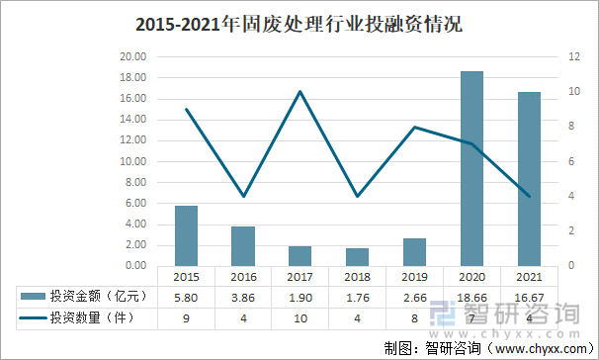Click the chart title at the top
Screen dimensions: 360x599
[x=299, y=23]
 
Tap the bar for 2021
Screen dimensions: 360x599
[x=529, y=178]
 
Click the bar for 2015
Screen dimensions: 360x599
[x=186, y=235]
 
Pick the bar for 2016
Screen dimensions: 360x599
[x=243, y=245]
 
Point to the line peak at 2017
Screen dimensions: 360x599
[x=299, y=92]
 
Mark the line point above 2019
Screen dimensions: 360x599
[x=415, y=127]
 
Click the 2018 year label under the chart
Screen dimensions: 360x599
[x=357, y=278]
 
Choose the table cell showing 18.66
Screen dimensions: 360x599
[x=472, y=296]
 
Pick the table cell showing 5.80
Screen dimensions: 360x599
[x=186, y=296]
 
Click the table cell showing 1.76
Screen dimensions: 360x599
[x=357, y=296]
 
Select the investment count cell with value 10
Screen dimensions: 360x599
[x=299, y=317]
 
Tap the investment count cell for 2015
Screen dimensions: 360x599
[x=186, y=317]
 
